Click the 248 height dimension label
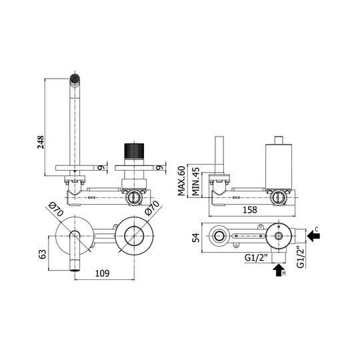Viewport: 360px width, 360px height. [41, 142]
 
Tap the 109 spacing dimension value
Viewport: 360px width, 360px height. [102, 273]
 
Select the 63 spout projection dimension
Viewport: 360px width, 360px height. [43, 254]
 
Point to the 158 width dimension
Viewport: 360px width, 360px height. [250, 210]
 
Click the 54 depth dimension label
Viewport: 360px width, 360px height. [196, 237]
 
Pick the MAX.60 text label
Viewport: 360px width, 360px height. [181, 181]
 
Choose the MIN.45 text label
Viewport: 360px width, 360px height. [195, 181]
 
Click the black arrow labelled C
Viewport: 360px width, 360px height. [313, 236]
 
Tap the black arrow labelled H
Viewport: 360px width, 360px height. [279, 270]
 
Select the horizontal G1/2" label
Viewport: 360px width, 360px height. [256, 258]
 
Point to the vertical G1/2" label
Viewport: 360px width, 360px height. [300, 257]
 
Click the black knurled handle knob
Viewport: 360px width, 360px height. [134, 151]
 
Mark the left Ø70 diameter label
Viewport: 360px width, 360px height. [56, 209]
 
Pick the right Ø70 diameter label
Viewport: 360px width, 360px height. [153, 208]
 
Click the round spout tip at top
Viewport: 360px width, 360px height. [75, 78]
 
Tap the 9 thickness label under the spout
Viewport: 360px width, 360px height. [100, 167]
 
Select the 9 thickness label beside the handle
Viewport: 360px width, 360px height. [159, 167]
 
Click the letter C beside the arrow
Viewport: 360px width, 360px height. [317, 229]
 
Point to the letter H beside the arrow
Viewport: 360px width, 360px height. [284, 273]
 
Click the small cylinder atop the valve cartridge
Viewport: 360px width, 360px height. [279, 140]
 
